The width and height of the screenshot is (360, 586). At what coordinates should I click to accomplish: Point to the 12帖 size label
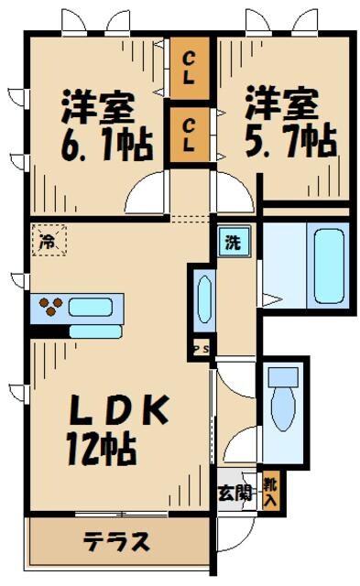coord(100,449)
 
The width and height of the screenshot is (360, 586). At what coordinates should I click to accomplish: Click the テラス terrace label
coord(117,542)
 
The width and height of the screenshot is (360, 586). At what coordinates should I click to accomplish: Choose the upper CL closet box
coord(189,69)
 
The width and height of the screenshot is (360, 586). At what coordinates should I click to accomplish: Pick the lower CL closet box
coord(189,135)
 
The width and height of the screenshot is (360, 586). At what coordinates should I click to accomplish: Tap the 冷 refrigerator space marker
coord(47,242)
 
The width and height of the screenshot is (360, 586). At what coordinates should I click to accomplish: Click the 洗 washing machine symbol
coord(233,243)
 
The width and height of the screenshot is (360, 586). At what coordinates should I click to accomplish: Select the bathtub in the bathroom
coord(327,265)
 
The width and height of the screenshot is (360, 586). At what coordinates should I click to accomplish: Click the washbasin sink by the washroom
coord(204,298)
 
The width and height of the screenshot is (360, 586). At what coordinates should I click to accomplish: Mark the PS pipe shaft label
coord(200,348)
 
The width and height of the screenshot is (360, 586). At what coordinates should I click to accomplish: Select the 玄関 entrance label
coord(235,494)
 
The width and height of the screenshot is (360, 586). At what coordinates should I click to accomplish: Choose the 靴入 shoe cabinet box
coord(271,493)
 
